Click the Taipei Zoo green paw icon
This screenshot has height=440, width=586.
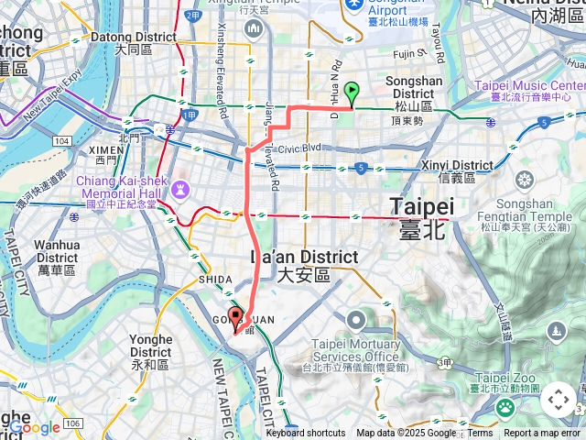coord(505,407)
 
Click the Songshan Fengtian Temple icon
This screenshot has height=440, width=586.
coord(525,179)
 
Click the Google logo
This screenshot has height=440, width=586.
coord(35,427)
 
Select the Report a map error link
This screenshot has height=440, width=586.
coord(542,434)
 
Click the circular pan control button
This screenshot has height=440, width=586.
coord(559,401)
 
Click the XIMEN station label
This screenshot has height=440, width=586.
coord(104,153)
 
